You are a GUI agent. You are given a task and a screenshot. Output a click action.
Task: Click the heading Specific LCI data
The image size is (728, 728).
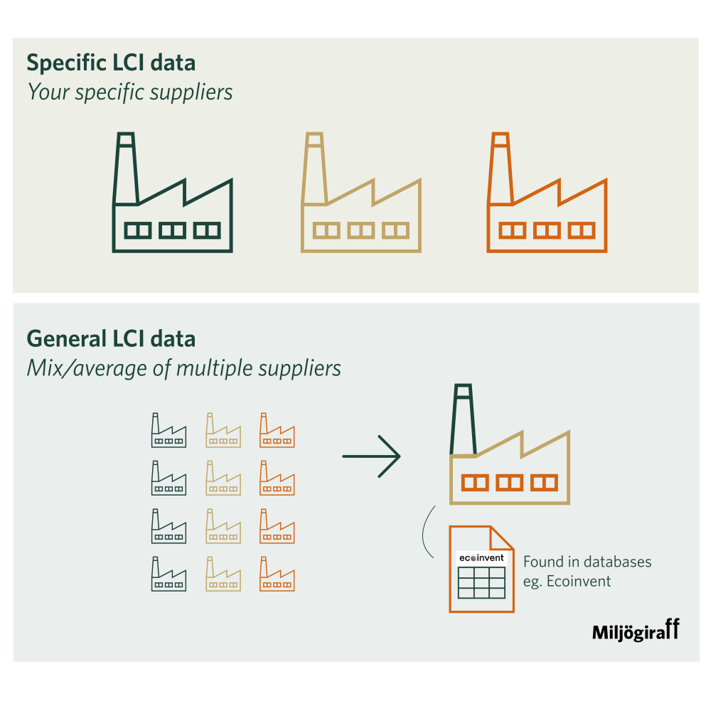(x=111, y=63)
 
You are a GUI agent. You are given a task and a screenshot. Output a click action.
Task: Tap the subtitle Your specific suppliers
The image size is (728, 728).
(x=130, y=92)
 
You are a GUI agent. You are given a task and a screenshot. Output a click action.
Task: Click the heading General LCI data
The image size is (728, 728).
(x=111, y=338)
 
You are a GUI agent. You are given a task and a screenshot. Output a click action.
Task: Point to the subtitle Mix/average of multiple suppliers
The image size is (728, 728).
(x=183, y=368)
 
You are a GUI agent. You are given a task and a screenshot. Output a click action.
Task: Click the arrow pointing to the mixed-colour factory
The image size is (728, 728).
(x=371, y=456)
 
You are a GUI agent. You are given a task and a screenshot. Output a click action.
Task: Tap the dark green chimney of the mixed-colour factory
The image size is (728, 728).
(x=462, y=419)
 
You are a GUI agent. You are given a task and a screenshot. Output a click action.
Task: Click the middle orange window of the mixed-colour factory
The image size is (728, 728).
(x=509, y=483)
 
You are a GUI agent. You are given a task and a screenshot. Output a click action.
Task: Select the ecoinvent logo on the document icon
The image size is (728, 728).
(x=481, y=558)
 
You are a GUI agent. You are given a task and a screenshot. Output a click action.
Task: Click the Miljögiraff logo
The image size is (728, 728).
(x=636, y=631)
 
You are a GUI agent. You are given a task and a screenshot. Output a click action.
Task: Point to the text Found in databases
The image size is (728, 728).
(x=587, y=562)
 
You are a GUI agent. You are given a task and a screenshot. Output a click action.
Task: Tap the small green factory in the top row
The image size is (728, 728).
(x=168, y=432)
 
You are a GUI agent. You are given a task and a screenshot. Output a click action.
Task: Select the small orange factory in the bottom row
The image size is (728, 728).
(x=277, y=575)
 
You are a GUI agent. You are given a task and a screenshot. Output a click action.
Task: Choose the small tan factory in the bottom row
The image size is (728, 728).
(x=223, y=575)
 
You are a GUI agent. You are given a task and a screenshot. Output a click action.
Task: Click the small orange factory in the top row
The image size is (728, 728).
(x=277, y=432)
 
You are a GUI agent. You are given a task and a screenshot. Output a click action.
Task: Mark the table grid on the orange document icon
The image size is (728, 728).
(x=481, y=582)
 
